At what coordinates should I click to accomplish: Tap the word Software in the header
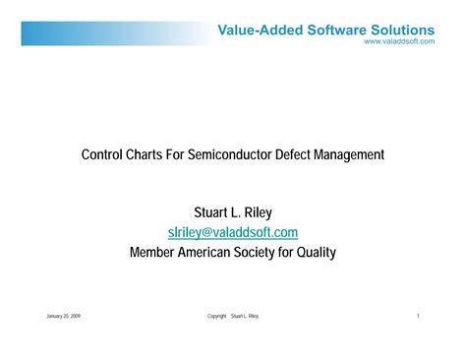click(x=335, y=30)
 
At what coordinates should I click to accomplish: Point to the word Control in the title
click(x=101, y=154)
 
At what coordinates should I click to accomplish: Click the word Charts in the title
click(x=149, y=154)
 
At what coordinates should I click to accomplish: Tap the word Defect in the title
click(x=308, y=154)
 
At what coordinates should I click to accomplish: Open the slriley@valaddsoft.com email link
click(x=233, y=232)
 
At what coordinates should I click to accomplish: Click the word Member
click(x=152, y=252)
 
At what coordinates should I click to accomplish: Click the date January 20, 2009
click(x=64, y=316)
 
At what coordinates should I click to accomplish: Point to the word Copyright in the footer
click(x=217, y=316)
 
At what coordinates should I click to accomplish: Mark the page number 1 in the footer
click(x=419, y=316)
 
